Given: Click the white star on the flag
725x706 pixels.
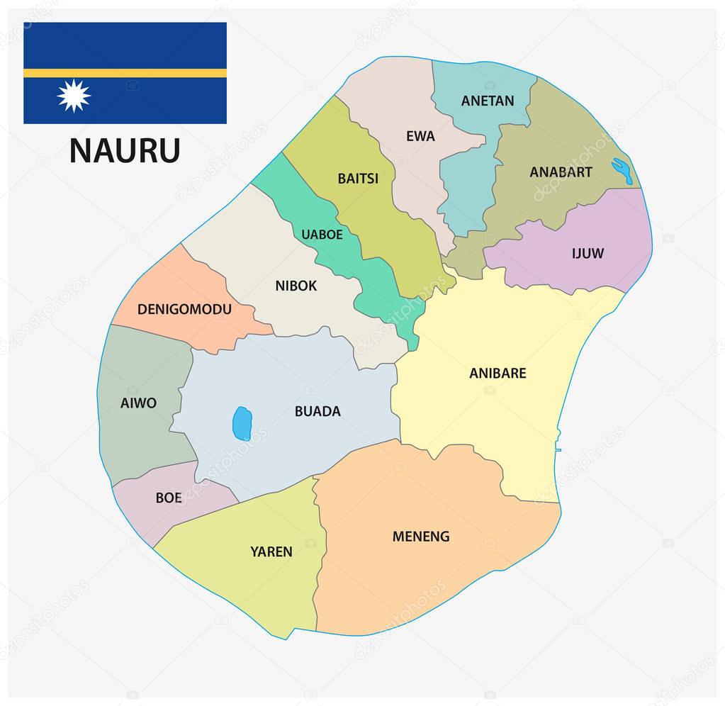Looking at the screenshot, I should point(74,96).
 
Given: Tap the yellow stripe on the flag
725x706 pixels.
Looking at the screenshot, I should point(125,72).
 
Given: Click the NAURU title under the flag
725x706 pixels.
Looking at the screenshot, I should point(125,150).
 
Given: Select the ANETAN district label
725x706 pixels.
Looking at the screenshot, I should point(488,101).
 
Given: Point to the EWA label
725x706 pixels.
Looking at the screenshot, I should point(420,136).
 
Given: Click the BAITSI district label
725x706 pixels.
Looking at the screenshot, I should point(358,179).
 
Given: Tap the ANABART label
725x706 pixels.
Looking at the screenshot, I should point(561,172).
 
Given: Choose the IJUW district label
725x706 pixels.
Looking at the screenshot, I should point(588,253).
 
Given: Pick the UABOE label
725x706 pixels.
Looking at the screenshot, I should point(322,234).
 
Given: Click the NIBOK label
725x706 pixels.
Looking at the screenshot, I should point(296,286).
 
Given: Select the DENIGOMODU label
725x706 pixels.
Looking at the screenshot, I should point(184,309).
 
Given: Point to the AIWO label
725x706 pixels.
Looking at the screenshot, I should point(138,403).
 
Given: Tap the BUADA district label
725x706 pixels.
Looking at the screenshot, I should point(317,411).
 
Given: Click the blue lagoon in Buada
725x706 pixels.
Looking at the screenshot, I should point(242,423).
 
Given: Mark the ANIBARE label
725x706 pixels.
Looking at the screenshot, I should point(498,373).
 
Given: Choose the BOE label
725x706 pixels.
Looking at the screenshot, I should point(169,498).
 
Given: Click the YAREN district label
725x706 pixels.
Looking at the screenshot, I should point(271,551).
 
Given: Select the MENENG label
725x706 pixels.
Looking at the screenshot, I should point(421,537).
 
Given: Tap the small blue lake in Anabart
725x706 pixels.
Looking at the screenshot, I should point(622,171).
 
